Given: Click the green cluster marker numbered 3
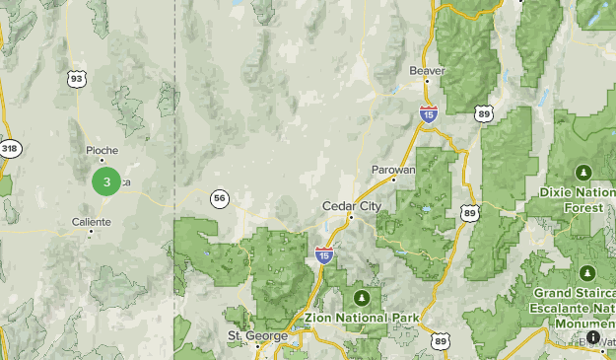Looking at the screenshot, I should click(106, 181).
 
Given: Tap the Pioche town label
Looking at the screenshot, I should click(102, 150).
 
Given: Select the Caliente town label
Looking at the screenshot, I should click(92, 222).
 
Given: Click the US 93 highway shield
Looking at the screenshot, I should click(76, 77).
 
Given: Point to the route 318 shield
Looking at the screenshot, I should click(9, 149).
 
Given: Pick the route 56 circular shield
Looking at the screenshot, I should click(219, 198).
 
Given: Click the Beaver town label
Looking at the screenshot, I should click(428, 71).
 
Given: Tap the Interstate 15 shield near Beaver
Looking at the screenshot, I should click(428, 113).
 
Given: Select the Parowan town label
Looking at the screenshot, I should click(396, 170).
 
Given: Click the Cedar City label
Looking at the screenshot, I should click(351, 205).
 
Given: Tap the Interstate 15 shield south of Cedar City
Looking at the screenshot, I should click(324, 254).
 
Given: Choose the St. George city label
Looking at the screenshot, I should click(258, 335).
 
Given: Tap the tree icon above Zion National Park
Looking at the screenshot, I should click(362, 297).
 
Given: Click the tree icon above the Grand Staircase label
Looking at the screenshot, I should click(587, 272).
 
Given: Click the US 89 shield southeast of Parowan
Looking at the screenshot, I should click(469, 213).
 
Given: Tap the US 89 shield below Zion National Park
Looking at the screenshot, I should click(440, 340).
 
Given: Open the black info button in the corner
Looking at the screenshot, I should click(594, 338).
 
